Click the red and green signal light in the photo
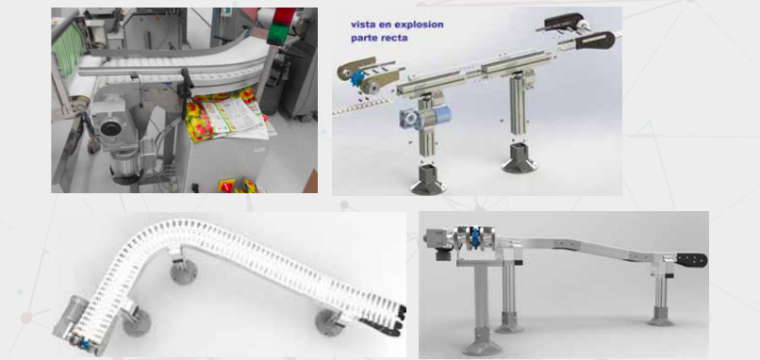[284, 25]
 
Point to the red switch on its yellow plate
[226, 185]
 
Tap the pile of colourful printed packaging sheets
[225, 115]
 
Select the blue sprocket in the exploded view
[359, 78]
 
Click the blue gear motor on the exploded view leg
[425, 117]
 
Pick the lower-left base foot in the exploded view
[428, 181]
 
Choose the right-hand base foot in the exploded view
[520, 159]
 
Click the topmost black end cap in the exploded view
[564, 22]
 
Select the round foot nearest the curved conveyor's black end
[330, 322]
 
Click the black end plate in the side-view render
[692, 260]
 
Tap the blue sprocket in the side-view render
[476, 237]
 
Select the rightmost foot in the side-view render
[660, 317]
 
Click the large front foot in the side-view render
[482, 344]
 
